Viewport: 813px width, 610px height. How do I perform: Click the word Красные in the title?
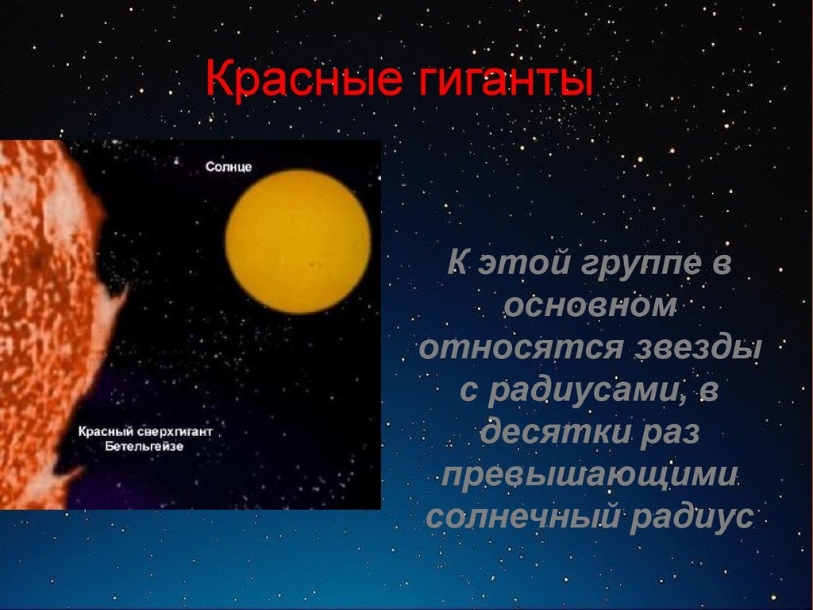(303, 79)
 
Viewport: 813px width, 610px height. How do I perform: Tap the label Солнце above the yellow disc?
(229, 167)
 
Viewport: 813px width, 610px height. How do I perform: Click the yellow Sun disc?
(299, 241)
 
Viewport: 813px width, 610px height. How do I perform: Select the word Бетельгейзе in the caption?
(144, 446)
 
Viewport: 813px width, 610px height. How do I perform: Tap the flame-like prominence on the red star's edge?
(115, 305)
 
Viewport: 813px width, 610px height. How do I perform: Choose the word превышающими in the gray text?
(590, 474)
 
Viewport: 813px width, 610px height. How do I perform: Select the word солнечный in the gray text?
(522, 516)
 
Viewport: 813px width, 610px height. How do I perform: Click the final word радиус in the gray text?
(692, 516)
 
